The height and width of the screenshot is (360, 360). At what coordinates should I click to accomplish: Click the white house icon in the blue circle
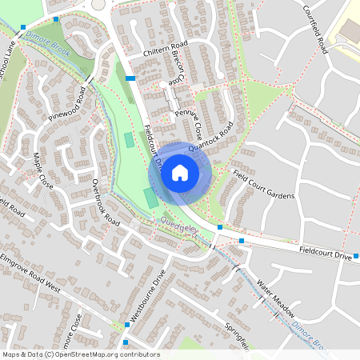point(180,172)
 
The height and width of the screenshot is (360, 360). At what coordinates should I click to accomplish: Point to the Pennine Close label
point(189,124)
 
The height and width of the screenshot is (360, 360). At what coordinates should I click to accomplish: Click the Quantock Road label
point(210,138)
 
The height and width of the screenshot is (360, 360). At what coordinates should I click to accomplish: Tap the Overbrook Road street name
point(105,201)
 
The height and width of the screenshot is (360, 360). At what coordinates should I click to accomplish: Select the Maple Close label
point(43,172)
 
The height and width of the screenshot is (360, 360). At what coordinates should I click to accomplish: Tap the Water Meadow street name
point(276,297)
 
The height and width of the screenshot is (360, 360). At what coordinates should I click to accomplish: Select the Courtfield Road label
point(318,29)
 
